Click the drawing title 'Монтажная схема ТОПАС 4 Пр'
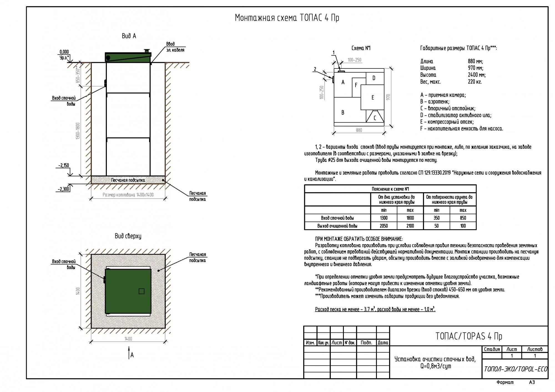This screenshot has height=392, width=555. (287, 18)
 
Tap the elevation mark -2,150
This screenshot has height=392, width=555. (64, 166)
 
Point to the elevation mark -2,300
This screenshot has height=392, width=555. (64, 189)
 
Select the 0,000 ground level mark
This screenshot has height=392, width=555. (64, 52)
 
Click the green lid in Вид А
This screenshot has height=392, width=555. (128, 57)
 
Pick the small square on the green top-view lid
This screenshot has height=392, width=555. (142, 291)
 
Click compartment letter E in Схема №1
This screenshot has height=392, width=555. (373, 98)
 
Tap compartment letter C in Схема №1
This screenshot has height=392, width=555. (375, 118)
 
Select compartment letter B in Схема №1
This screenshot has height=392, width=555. (343, 113)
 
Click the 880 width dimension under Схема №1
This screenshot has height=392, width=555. (359, 130)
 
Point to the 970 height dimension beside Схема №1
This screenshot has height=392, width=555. (389, 97)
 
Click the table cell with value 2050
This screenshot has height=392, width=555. (384, 226)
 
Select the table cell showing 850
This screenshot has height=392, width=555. (463, 218)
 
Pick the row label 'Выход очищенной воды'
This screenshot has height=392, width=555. (337, 226)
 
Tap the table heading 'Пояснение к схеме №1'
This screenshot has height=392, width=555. (390, 189)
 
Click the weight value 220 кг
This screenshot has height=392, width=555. (475, 82)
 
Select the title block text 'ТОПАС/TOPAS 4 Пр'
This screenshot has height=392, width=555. (469, 336)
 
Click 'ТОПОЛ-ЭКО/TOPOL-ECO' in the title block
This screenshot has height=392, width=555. (516, 369)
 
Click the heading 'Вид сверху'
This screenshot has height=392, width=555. (128, 236)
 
